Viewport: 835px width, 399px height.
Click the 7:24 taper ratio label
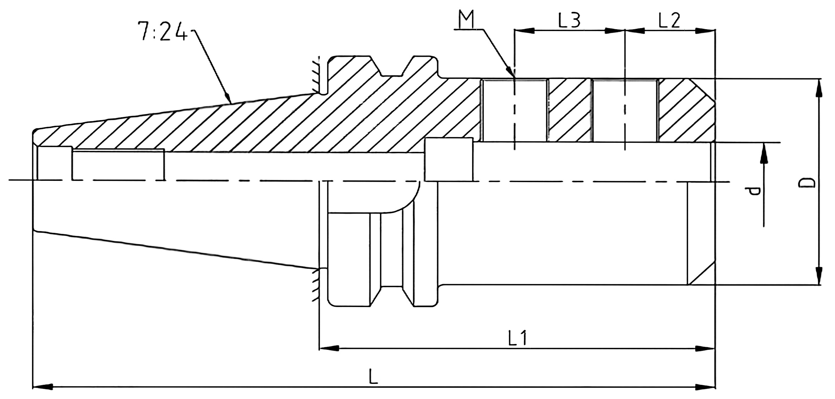162,31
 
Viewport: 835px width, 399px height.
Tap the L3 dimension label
569,20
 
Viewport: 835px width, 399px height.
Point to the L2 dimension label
669,20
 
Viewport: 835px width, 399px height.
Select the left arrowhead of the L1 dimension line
329,349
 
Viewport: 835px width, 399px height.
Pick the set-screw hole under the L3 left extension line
514,110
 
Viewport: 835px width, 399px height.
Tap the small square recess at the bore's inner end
449,160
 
